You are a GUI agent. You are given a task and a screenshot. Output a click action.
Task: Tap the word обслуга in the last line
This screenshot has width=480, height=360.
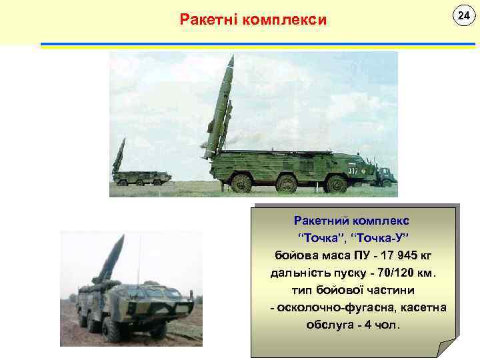[x=329, y=326]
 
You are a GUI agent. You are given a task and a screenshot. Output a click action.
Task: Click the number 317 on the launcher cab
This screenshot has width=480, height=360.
[x=353, y=170]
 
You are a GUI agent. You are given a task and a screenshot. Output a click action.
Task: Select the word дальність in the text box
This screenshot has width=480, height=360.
[x=297, y=273]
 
